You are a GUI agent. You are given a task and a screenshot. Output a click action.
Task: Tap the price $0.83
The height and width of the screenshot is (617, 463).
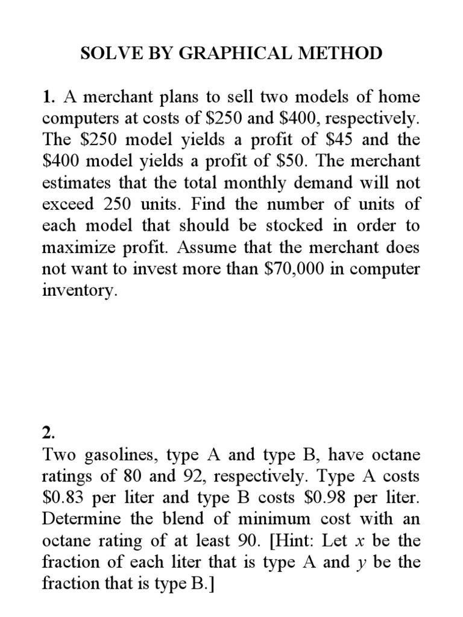[64, 498]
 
